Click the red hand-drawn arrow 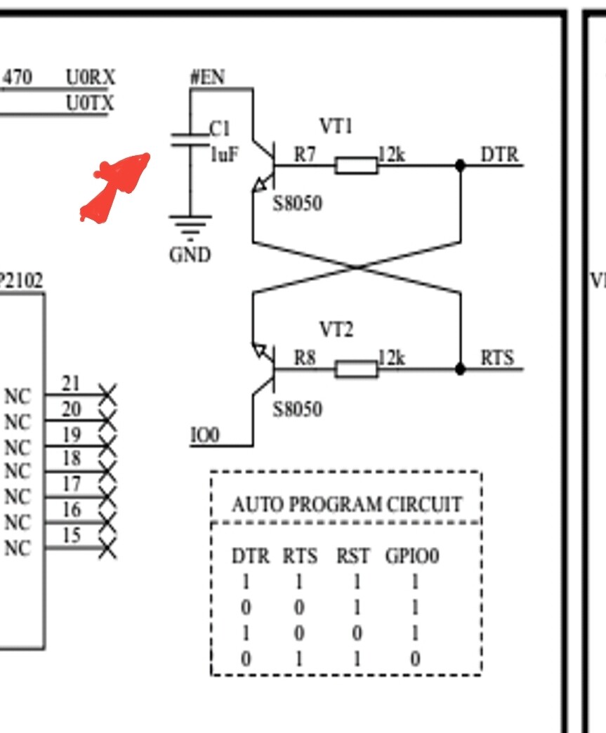tap(116, 186)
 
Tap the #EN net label tap(207, 77)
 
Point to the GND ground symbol tap(190, 226)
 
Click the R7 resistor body tap(356, 166)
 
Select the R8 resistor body tap(356, 369)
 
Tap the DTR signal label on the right tap(499, 154)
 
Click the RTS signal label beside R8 tap(497, 357)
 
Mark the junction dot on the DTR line tap(461, 166)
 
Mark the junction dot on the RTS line tap(461, 369)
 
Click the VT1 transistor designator tap(336, 126)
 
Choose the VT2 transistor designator tap(336, 329)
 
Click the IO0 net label tap(205, 435)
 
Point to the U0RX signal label tap(91, 77)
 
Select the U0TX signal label tap(91, 103)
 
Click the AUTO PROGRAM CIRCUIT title tap(347, 505)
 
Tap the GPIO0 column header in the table tap(412, 556)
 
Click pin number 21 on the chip tap(71, 383)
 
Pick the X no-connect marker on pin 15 tap(107, 548)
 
